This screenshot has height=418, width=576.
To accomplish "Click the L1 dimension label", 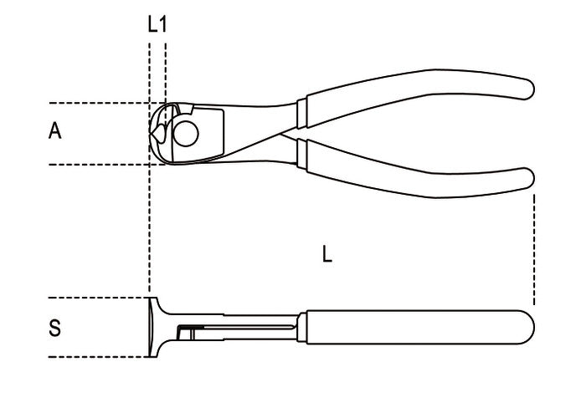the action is pyautogui.click(x=157, y=24).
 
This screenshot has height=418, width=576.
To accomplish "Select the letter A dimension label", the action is pyautogui.click(x=54, y=131).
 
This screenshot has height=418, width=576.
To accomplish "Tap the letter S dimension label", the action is pyautogui.click(x=54, y=328).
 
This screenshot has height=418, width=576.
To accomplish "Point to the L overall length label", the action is pyautogui.click(x=327, y=254).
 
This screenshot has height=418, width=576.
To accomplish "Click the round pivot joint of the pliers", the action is pyautogui.click(x=186, y=134).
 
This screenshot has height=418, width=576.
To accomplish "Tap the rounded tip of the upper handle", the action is pyautogui.click(x=527, y=89).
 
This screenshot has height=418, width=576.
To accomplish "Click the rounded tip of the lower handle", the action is pyautogui.click(x=527, y=179).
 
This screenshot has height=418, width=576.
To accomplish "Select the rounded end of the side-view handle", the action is pyautogui.click(x=527, y=328).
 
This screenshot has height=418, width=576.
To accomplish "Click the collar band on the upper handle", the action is pyautogui.click(x=301, y=114).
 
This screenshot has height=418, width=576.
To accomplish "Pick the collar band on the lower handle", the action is pyautogui.click(x=302, y=154).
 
